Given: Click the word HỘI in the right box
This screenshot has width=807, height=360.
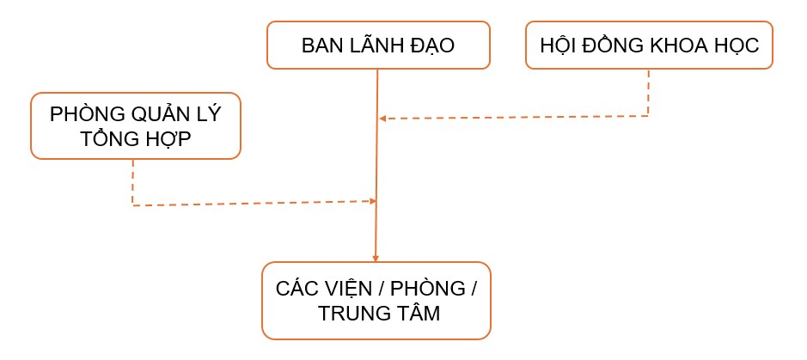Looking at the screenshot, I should [x=557, y=46].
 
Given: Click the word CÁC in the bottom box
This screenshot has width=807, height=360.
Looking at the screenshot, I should [x=297, y=289].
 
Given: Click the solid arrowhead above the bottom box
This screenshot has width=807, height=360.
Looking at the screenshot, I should [x=376, y=257].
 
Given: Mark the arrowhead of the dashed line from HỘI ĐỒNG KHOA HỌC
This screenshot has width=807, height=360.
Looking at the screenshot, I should [x=382, y=119].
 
